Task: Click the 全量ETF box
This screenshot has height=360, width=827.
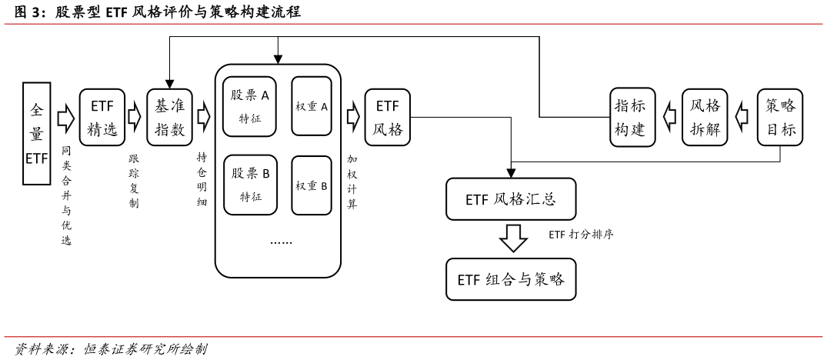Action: (37, 134)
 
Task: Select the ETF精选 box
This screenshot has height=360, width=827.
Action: (102, 117)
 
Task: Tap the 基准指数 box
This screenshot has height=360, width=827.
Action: (169, 117)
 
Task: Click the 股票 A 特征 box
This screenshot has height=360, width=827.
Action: (249, 106)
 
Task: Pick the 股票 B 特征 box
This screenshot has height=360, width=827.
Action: (250, 185)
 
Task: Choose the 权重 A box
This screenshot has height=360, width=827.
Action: (312, 106)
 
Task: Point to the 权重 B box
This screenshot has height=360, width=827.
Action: (312, 185)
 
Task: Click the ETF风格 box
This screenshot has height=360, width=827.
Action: (388, 117)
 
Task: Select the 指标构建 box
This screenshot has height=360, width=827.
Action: (632, 117)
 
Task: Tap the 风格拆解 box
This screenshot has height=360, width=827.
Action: (705, 117)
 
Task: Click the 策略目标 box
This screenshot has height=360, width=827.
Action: (780, 117)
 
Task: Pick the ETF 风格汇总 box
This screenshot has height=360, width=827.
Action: (511, 199)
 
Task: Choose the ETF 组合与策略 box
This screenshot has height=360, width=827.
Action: (511, 279)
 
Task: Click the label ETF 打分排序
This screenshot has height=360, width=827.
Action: (581, 235)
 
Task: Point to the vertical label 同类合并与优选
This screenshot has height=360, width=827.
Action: (66, 195)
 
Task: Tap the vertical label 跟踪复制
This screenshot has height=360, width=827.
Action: (134, 182)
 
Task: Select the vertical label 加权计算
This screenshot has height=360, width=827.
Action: (352, 182)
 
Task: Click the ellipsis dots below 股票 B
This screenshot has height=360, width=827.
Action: (281, 242)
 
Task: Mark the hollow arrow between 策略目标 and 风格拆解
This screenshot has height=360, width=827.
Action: (742, 117)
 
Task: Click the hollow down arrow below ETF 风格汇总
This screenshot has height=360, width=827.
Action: (513, 238)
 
